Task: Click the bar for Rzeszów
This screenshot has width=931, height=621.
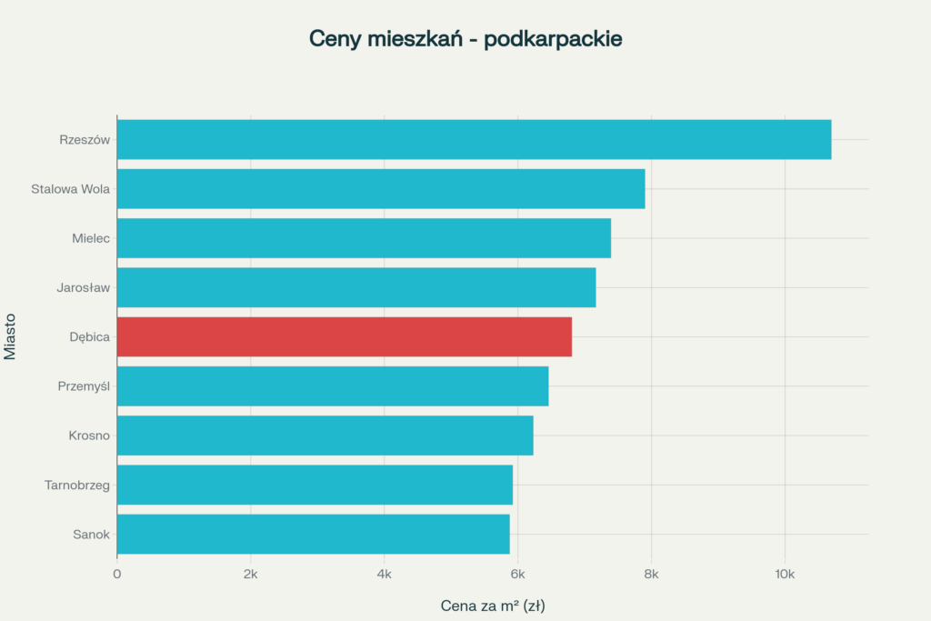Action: [x=474, y=139]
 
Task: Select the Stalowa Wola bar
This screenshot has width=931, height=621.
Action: [x=381, y=189]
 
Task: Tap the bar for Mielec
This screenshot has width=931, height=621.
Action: [x=364, y=238]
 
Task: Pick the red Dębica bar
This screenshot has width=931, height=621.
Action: [x=345, y=336]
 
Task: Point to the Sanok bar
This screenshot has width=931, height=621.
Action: [x=313, y=534]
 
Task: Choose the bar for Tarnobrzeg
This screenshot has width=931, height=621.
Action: [x=315, y=485]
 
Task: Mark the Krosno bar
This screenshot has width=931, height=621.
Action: [x=325, y=436]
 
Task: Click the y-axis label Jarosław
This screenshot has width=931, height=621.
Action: [x=85, y=287]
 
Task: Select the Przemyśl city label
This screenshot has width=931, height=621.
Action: [x=84, y=386]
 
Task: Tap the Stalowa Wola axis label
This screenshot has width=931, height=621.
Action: [x=70, y=189]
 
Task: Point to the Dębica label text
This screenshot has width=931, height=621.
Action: [x=90, y=336]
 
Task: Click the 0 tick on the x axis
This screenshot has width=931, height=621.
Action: [x=117, y=574]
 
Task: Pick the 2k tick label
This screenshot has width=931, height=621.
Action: [x=250, y=574]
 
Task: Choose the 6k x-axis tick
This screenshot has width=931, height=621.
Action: [x=517, y=574]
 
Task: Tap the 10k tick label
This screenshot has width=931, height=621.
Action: [x=785, y=574]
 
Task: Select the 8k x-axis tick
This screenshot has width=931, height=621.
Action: [x=651, y=574]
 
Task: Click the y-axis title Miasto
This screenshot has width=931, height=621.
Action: [x=11, y=336]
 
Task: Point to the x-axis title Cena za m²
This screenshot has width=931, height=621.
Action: [x=492, y=605]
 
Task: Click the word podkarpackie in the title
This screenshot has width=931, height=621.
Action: [x=554, y=39]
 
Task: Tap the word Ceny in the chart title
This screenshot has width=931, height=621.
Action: [x=335, y=39]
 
